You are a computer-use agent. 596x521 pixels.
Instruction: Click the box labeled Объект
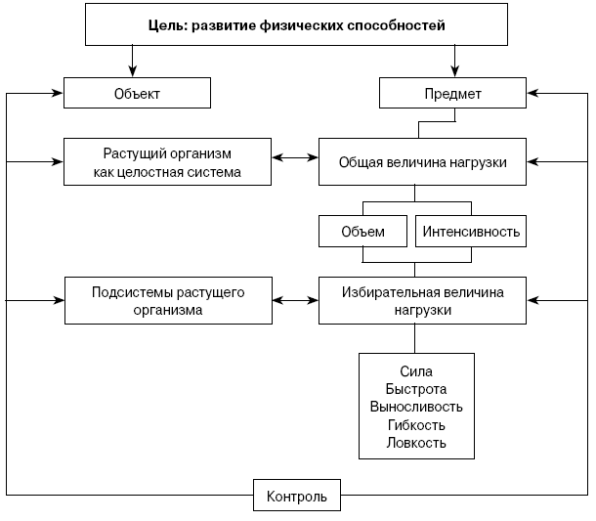pyautogui.click(x=137, y=93)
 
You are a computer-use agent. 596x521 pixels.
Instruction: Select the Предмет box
pyautogui.click(x=452, y=93)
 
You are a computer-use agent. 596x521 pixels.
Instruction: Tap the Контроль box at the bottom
pyautogui.click(x=297, y=496)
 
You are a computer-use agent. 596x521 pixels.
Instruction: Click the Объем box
pyautogui.click(x=363, y=232)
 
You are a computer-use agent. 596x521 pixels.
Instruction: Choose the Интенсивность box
pyautogui.click(x=471, y=232)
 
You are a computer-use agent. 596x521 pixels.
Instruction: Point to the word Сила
pyautogui.click(x=416, y=371)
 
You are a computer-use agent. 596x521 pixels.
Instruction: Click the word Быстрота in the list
pyautogui.click(x=416, y=389)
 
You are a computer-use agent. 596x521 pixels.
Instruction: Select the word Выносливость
pyautogui.click(x=416, y=407)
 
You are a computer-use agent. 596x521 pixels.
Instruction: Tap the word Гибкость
pyautogui.click(x=416, y=425)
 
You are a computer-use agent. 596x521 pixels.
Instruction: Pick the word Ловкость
pyautogui.click(x=416, y=443)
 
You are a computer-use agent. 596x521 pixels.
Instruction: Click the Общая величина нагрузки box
pyautogui.click(x=422, y=162)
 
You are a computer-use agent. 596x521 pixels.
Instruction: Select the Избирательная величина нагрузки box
pyautogui.click(x=422, y=300)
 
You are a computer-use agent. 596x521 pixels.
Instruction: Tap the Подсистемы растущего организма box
pyautogui.click(x=168, y=300)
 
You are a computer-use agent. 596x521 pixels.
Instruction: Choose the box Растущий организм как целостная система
pyautogui.click(x=167, y=162)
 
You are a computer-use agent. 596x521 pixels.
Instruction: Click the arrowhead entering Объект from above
pyautogui.click(x=132, y=71)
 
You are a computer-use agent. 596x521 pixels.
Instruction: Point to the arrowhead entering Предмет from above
pyautogui.click(x=454, y=71)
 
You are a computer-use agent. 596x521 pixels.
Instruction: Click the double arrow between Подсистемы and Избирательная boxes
pyautogui.click(x=295, y=300)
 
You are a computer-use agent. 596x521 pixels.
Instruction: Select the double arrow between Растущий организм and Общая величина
pyautogui.click(x=295, y=157)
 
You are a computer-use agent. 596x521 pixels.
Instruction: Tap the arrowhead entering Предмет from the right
pyautogui.click(x=532, y=93)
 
